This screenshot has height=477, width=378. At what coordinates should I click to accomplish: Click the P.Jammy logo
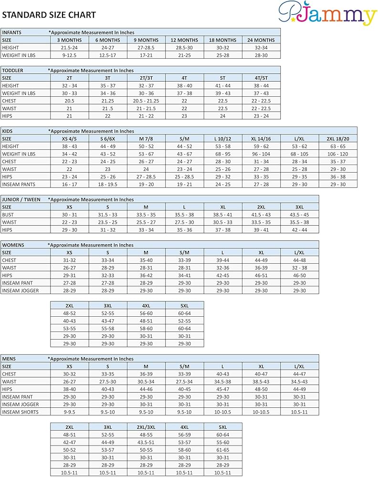click(x=327, y=14)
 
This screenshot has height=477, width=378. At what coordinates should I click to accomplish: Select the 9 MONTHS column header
click(x=146, y=40)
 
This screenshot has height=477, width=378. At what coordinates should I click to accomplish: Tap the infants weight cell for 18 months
click(x=223, y=55)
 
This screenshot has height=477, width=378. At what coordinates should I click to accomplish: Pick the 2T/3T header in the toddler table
click(x=146, y=78)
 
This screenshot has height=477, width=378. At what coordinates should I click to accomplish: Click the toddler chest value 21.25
click(x=108, y=101)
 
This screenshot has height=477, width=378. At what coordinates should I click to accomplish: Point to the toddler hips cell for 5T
click(x=223, y=116)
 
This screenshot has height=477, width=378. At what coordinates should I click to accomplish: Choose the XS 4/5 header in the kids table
click(x=70, y=139)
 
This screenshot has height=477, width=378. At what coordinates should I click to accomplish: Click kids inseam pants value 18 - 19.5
click(x=108, y=185)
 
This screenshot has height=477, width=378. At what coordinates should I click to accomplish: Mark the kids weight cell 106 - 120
click(x=338, y=154)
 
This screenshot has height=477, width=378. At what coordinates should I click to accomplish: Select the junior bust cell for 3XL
click(x=300, y=215)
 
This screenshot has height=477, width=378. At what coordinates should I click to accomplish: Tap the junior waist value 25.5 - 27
click(x=146, y=222)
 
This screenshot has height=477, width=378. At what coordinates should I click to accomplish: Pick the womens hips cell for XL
click(x=261, y=275)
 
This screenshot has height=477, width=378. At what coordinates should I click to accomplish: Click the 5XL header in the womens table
click(x=184, y=305)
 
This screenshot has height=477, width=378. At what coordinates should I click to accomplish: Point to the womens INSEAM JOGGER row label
click(x=21, y=290)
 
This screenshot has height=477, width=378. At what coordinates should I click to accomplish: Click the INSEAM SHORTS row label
click(x=20, y=412)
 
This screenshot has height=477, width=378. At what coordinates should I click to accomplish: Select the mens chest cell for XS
click(x=70, y=374)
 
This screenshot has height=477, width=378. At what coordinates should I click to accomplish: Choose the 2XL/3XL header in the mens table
click(x=146, y=427)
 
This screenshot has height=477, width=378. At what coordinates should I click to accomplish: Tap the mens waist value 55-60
click(x=223, y=442)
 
